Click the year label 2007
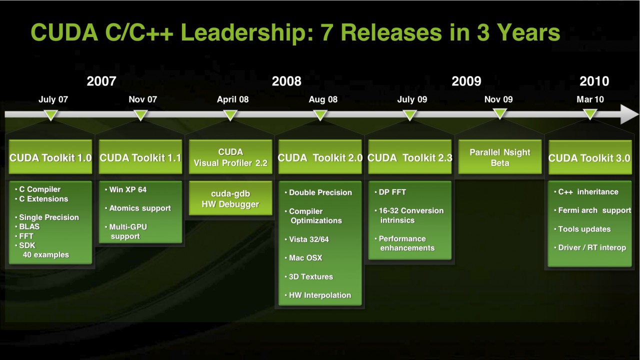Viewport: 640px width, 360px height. [101, 81]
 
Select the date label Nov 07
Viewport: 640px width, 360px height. [142, 99]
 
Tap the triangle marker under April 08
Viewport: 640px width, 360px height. [230, 115]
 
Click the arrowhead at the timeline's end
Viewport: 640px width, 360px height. [629, 114]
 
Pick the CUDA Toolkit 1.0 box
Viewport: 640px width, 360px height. [50, 157]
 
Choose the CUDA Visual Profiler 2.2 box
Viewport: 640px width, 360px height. [230, 157]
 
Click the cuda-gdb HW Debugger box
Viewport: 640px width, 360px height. [230, 199]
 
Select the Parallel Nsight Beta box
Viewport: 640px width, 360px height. [500, 157]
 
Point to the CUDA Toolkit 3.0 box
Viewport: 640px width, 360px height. [589, 158]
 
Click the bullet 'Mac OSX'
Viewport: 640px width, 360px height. [305, 258]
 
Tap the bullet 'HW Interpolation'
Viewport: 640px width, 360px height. [319, 295]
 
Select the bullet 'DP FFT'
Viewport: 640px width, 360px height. [392, 192]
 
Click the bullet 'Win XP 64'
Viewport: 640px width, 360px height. [127, 189]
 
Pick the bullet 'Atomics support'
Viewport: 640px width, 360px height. [139, 208]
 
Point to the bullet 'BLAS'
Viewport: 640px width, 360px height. [29, 226]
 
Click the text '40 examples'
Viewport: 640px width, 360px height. [46, 255]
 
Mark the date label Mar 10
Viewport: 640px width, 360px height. [590, 99]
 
